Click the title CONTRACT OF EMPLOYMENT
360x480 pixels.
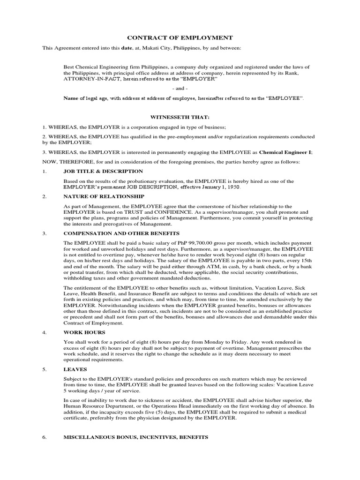click(180, 37)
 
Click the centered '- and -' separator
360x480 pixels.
click(180, 89)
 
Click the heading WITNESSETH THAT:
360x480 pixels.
click(180, 117)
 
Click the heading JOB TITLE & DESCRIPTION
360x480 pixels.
click(103, 172)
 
